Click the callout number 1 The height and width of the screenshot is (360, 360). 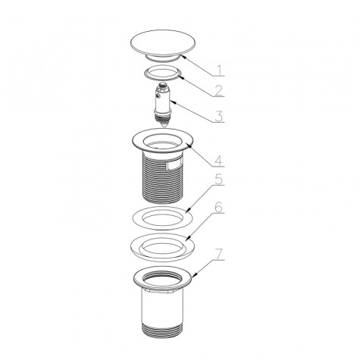pos(220,70)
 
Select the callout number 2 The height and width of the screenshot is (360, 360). pos(219,90)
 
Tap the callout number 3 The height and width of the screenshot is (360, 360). pos(218,116)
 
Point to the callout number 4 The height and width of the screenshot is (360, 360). pos(218,161)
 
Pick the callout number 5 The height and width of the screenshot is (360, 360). pos(219,179)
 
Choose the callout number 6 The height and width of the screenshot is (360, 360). pos(218,208)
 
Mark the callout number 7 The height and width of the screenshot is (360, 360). pos(219,255)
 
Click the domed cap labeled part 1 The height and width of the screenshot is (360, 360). pos(162,44)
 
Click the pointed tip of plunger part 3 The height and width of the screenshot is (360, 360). pos(164,127)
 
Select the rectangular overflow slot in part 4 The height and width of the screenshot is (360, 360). pos(174,165)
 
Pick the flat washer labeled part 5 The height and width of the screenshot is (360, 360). pos(162,218)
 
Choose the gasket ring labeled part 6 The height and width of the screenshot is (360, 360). pos(162,247)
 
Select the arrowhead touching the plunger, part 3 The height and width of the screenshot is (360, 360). pos(173,102)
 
